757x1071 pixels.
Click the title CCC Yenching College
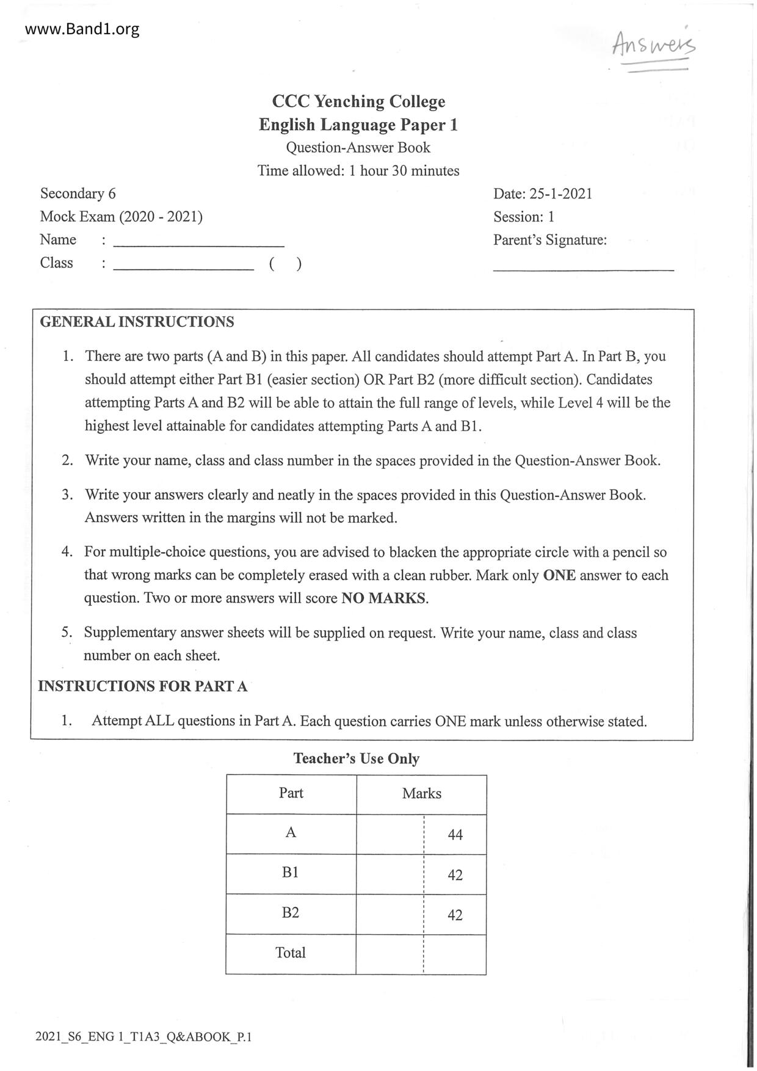coord(358,101)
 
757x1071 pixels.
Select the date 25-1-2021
coord(560,194)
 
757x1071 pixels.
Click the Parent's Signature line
coord(583,269)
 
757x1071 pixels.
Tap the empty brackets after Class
coord(285,264)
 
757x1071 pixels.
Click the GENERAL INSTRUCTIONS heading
coord(137,322)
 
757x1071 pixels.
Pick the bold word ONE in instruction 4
coord(559,575)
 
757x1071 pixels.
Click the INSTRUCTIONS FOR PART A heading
coord(143,686)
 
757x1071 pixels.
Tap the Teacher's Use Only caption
coord(357,758)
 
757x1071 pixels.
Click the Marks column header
coord(421,793)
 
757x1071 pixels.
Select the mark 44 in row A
coord(455,835)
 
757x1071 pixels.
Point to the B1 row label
coord(291,873)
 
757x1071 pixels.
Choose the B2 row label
coord(291,912)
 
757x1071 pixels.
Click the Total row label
coord(291,953)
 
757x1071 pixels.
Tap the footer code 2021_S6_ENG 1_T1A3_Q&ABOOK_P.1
coord(143,1037)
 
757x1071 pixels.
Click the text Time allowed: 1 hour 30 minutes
coord(358,170)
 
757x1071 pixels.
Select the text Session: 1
coord(524,217)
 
